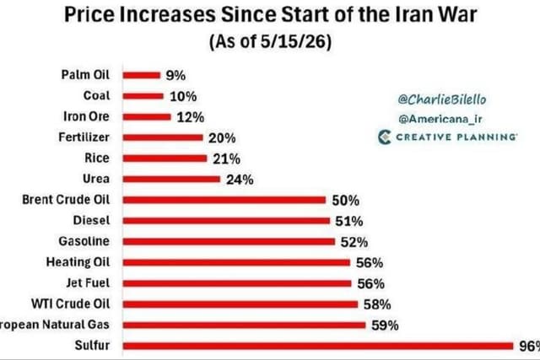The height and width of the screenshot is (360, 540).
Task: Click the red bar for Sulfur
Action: coord(318,346)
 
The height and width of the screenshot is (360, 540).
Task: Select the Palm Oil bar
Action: coord(142,75)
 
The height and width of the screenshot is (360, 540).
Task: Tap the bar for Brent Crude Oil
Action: coord(224,200)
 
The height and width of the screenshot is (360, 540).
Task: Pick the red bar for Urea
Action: coord(171,179)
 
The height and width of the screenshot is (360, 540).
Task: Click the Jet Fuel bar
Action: coord(237,283)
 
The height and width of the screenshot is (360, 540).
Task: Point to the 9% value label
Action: coord(175,75)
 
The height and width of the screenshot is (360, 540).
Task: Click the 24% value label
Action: coord(240,180)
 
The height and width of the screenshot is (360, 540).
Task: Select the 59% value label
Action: coord(385,325)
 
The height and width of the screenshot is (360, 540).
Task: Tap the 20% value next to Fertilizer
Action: coord(222,138)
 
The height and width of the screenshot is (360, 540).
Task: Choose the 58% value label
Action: coord(377,304)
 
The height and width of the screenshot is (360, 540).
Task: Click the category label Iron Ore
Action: coord(86,116)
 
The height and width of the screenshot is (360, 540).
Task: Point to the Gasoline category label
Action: coord(84,241)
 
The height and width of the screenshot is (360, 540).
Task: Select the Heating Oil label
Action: coord(78,262)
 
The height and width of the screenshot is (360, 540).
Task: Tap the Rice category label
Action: coord(97,158)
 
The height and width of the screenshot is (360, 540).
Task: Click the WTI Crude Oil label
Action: coord(71,304)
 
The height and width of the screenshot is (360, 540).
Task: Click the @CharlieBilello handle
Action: coord(442,99)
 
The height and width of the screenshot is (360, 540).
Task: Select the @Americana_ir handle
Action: coord(440,119)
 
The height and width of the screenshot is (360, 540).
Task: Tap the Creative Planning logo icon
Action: coord(385,137)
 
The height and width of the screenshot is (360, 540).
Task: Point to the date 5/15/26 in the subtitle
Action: coord(293,41)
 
